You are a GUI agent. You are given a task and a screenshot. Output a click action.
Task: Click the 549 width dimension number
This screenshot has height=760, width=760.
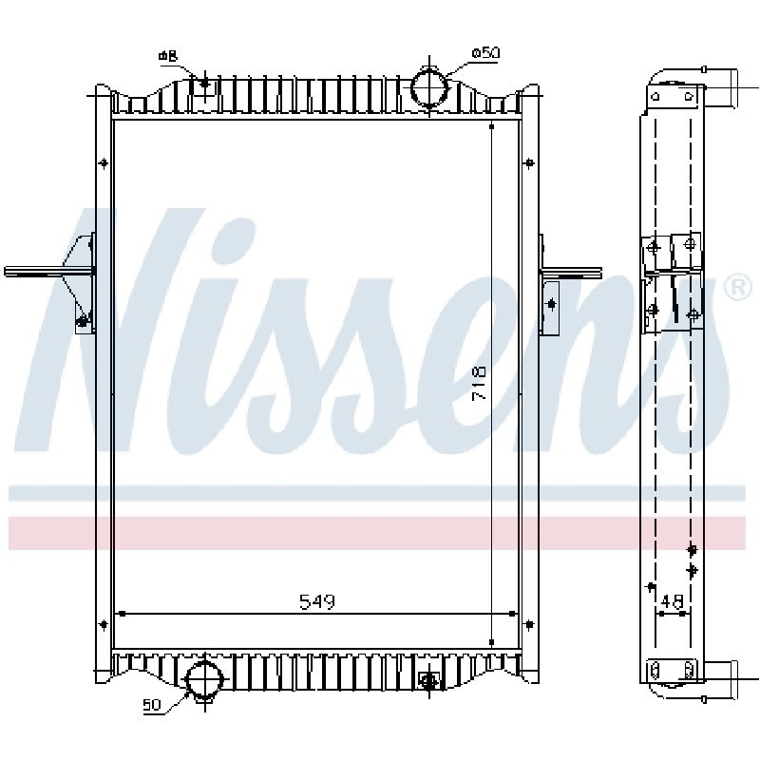pyautogui.click(x=317, y=602)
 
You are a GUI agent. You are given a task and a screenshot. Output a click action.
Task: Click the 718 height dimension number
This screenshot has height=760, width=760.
pyautogui.click(x=480, y=384)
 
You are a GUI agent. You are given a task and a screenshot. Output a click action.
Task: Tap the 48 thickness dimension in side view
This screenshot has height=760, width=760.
pyautogui.click(x=672, y=601)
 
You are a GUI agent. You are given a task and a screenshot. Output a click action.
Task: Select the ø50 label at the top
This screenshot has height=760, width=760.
pyautogui.click(x=485, y=53)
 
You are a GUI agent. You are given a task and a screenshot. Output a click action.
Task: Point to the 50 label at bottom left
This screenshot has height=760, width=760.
pyautogui.click(x=152, y=705)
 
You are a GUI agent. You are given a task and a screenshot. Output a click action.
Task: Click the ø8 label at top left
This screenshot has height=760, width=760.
pyautogui.click(x=168, y=56)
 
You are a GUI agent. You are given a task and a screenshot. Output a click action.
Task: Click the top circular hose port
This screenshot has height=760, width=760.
pyautogui.click(x=429, y=87)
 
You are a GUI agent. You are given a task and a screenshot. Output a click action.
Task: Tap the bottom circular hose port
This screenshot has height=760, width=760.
pyautogui.click(x=205, y=678)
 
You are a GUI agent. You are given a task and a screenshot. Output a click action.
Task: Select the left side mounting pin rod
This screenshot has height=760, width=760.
pyautogui.click(x=48, y=272)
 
